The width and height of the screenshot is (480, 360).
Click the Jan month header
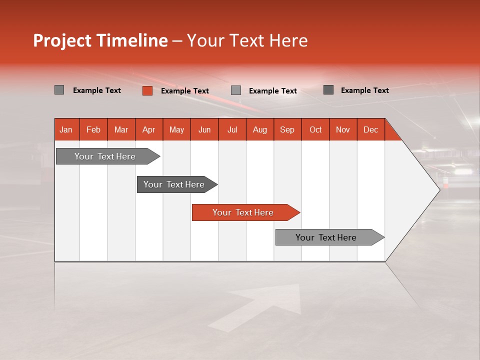pyautogui.click(x=66, y=129)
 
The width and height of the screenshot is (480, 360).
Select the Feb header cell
pyautogui.click(x=93, y=129)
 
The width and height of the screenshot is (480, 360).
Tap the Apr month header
pyautogui.click(x=149, y=129)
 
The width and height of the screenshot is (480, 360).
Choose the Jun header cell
pyautogui.click(x=204, y=129)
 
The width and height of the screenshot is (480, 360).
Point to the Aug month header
pyautogui.click(x=260, y=129)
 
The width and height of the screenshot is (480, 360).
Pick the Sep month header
pyautogui.click(x=287, y=129)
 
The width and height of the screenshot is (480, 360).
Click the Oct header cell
pyautogui.click(x=315, y=129)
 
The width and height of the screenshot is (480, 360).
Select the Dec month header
pyautogui.click(x=371, y=129)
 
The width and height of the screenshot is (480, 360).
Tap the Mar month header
pyautogui.click(x=121, y=129)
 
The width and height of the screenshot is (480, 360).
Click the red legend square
pyautogui.click(x=147, y=90)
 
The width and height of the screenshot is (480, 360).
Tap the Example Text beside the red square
pyautogui.click(x=185, y=91)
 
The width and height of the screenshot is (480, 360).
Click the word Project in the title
pyautogui.click(x=62, y=41)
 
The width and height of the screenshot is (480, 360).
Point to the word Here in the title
pyautogui.click(x=288, y=41)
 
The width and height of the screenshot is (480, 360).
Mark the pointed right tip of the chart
pyautogui.click(x=439, y=189)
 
